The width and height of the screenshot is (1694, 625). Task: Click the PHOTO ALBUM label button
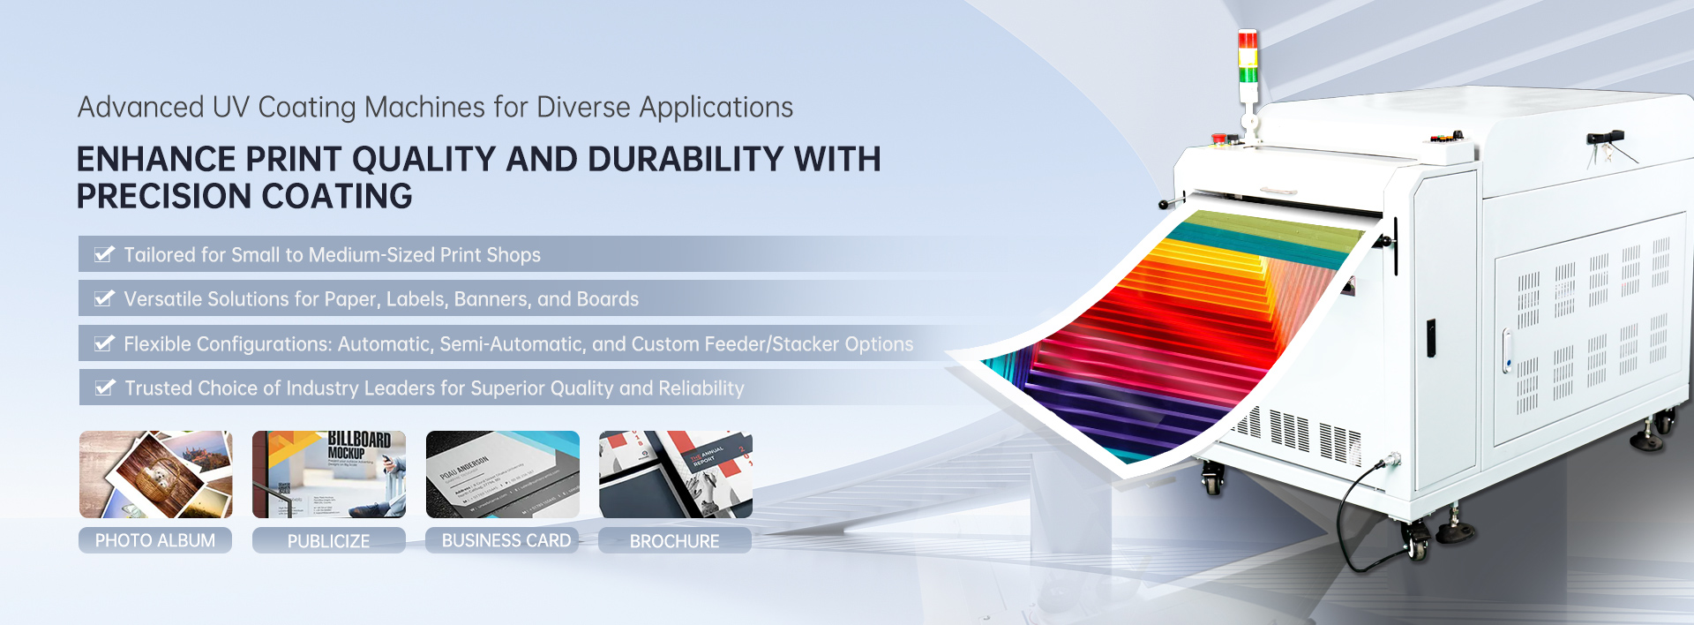pyautogui.click(x=155, y=540)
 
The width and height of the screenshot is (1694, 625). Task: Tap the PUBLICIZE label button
pyautogui.click(x=328, y=541)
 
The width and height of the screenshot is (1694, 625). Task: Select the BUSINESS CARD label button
pyautogui.click(x=506, y=540)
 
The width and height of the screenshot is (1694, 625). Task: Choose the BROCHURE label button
pyautogui.click(x=674, y=541)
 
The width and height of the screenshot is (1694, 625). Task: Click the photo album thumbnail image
pyautogui.click(x=155, y=474)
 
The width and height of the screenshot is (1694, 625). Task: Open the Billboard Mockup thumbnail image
pyautogui.click(x=328, y=474)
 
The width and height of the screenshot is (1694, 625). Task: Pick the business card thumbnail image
pyautogui.click(x=502, y=474)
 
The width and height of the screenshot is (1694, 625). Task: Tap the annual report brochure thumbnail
pyautogui.click(x=675, y=474)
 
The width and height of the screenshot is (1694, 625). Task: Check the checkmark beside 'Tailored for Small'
pyautogui.click(x=104, y=254)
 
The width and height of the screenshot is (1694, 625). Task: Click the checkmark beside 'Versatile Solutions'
pyautogui.click(x=104, y=298)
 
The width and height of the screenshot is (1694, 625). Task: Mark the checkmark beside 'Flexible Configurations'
pyautogui.click(x=104, y=343)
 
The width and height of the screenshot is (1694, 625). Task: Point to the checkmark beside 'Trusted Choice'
pyautogui.click(x=105, y=388)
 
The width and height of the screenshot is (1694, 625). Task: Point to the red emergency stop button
pyautogui.click(x=1219, y=139)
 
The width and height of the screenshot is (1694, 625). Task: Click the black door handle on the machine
pyautogui.click(x=1430, y=338)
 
